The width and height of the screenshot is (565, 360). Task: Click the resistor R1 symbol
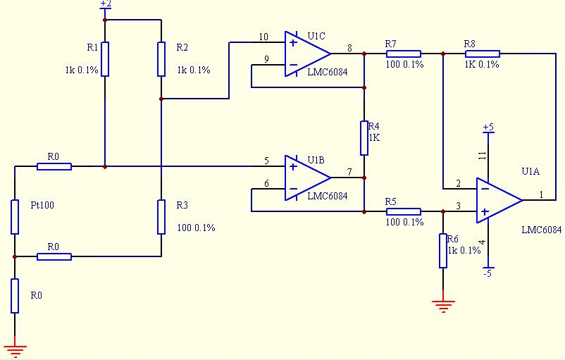(105, 58)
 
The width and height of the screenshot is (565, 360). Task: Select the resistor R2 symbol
(161, 58)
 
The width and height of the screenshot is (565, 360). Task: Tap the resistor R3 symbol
(161, 216)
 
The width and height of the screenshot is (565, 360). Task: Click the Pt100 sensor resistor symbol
(15, 216)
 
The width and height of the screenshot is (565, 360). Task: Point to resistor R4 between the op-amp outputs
(364, 138)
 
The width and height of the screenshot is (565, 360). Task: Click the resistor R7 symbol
(404, 54)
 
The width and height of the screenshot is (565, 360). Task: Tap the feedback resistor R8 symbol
(483, 54)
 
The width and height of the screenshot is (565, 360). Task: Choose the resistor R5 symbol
(404, 211)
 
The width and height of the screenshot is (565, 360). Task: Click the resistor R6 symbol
(443, 251)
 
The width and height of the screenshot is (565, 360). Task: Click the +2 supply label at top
(106, 4)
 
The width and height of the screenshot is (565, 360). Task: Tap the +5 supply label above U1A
(488, 128)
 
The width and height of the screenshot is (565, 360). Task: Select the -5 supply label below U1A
(487, 274)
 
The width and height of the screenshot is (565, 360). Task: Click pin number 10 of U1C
(263, 37)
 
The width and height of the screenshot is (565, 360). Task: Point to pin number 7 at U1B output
(349, 172)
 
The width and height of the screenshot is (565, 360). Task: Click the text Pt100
(42, 206)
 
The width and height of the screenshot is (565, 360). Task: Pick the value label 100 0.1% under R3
(196, 228)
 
